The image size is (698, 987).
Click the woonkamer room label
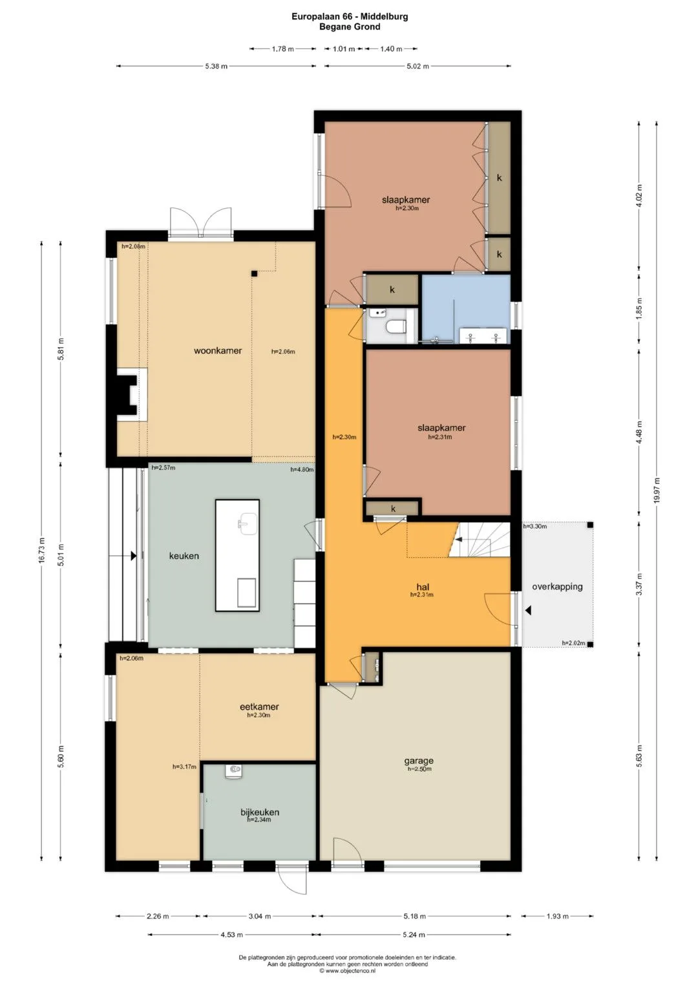pyautogui.click(x=218, y=351)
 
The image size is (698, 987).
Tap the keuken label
pyautogui.click(x=184, y=556)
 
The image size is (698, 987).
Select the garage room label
pyautogui.click(x=419, y=761)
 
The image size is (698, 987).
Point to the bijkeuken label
pyautogui.click(x=260, y=812)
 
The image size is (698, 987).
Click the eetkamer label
pyautogui.click(x=259, y=706)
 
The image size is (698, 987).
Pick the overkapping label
pyautogui.click(x=557, y=587)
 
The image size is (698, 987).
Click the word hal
pyautogui.click(x=422, y=587)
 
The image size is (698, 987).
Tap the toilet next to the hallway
pyautogui.click(x=396, y=327)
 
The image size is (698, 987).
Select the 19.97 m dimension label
pyautogui.click(x=657, y=491)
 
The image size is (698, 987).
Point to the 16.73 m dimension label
pyautogui.click(x=42, y=550)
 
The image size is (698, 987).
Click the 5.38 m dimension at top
pyautogui.click(x=217, y=67)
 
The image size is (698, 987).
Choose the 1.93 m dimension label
pyautogui.click(x=557, y=916)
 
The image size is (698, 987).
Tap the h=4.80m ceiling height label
pyautogui.click(x=302, y=470)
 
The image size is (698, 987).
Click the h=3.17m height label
pyautogui.click(x=184, y=767)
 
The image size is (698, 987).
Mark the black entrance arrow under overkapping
pyautogui.click(x=528, y=610)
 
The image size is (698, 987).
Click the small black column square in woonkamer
pyautogui.click(x=254, y=273)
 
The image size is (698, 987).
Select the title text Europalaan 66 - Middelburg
pyautogui.click(x=350, y=17)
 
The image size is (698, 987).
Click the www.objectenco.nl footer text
pyautogui.click(x=350, y=970)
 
